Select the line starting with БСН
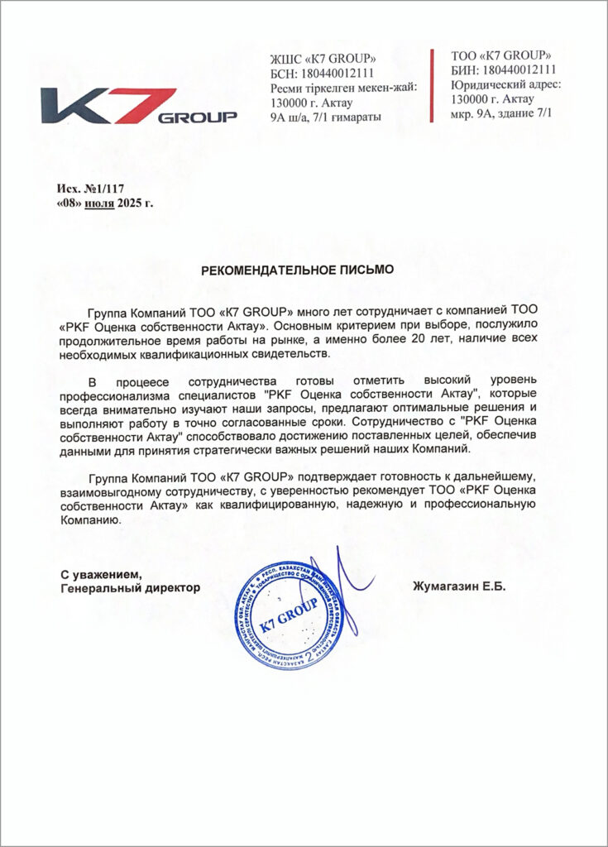[x=323, y=73]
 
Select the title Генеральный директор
[x=131, y=588]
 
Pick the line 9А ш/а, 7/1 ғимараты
[x=326, y=117]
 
